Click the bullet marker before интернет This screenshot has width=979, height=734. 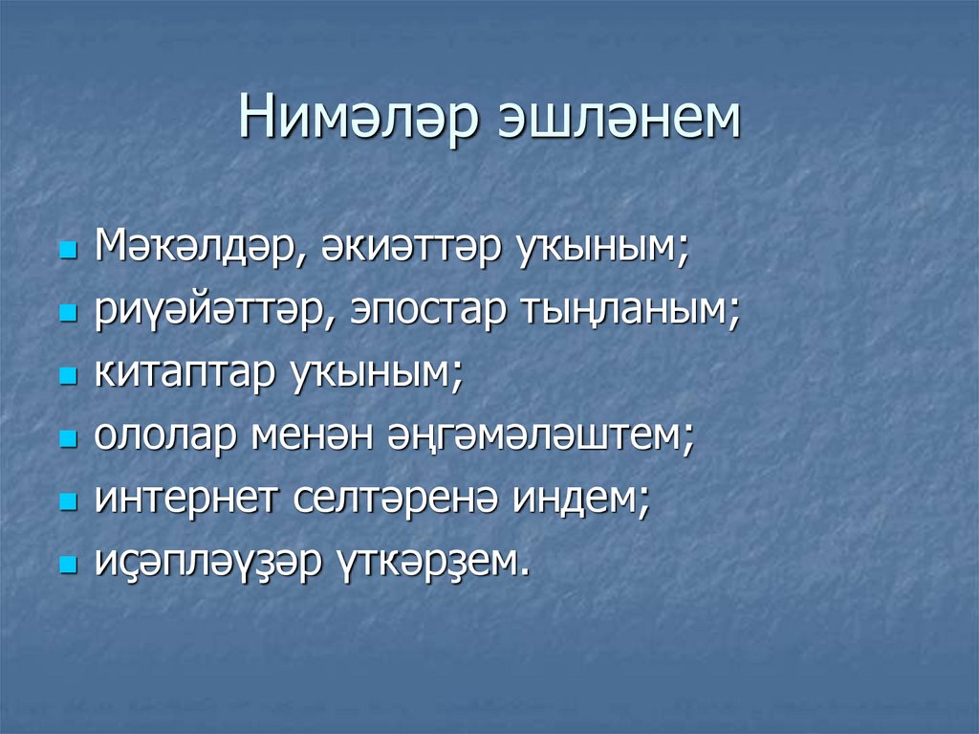pos(67,502)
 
